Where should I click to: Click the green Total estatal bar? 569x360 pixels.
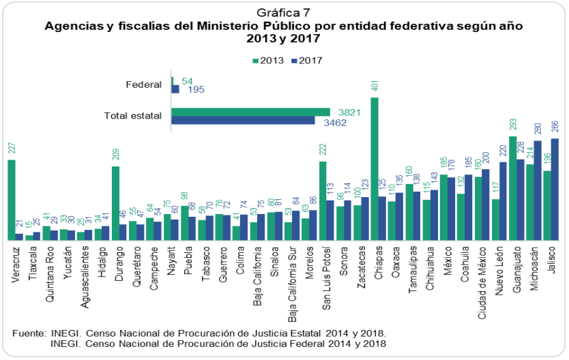point(250,112)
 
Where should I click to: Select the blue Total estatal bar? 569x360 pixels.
point(243,121)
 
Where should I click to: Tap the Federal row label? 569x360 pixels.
point(143,85)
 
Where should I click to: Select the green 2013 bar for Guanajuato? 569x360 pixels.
point(513,187)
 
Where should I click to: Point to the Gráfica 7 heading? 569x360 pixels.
point(283,12)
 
